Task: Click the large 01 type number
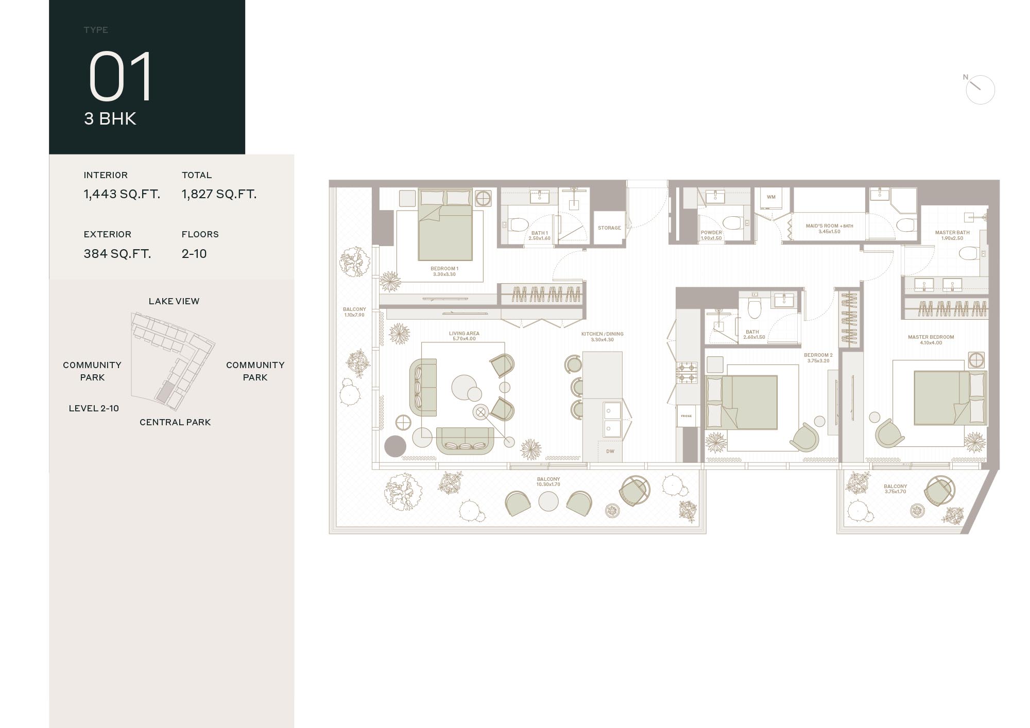point(121,77)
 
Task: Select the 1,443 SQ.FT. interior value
point(122,194)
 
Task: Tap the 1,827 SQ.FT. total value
point(219,194)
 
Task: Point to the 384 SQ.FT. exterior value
point(117,253)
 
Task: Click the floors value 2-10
point(194,253)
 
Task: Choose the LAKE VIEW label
point(174,301)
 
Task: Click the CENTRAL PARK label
point(175,422)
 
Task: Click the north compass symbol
point(980,90)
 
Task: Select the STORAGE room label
point(609,228)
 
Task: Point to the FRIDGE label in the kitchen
point(686,416)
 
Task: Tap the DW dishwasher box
point(610,452)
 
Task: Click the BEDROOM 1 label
point(444,269)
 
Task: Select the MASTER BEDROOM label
point(931,337)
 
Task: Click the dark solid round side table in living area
point(396,446)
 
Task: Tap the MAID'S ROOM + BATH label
point(829,226)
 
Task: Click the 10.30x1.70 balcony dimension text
point(548,484)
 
